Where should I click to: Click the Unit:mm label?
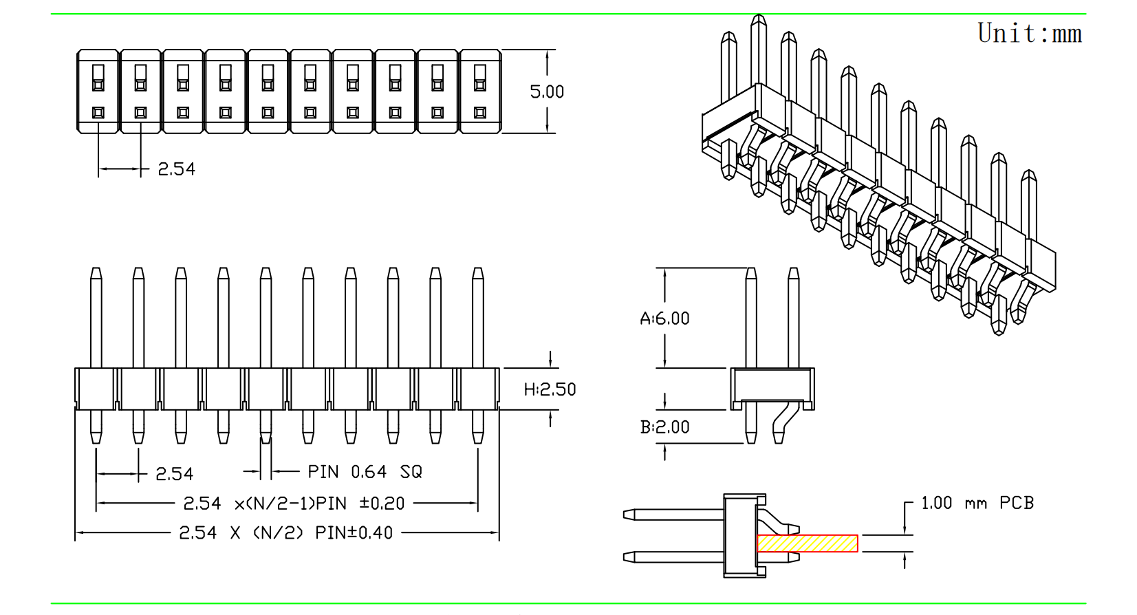[x=1030, y=33]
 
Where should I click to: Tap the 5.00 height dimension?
[x=547, y=92]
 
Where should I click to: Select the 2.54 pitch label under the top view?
[x=177, y=169]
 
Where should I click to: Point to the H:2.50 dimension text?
[x=550, y=389]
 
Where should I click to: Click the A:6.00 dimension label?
[x=665, y=319]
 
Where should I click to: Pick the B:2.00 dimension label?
[x=665, y=427]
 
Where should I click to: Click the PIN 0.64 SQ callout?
[x=365, y=472]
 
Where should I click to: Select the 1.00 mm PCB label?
[x=977, y=503]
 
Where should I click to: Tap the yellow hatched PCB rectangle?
[x=808, y=543]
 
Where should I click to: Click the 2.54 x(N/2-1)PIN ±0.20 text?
[x=294, y=504]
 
